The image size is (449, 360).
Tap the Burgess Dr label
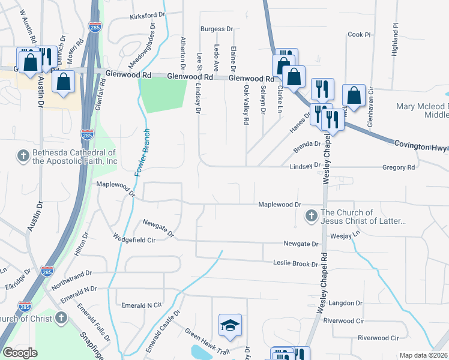point(217,29)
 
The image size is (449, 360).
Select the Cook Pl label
point(359,35)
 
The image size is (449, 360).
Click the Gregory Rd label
point(399,167)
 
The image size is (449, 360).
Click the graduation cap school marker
point(230,325)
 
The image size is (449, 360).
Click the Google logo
point(20,353)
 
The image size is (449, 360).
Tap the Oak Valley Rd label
point(246,104)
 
